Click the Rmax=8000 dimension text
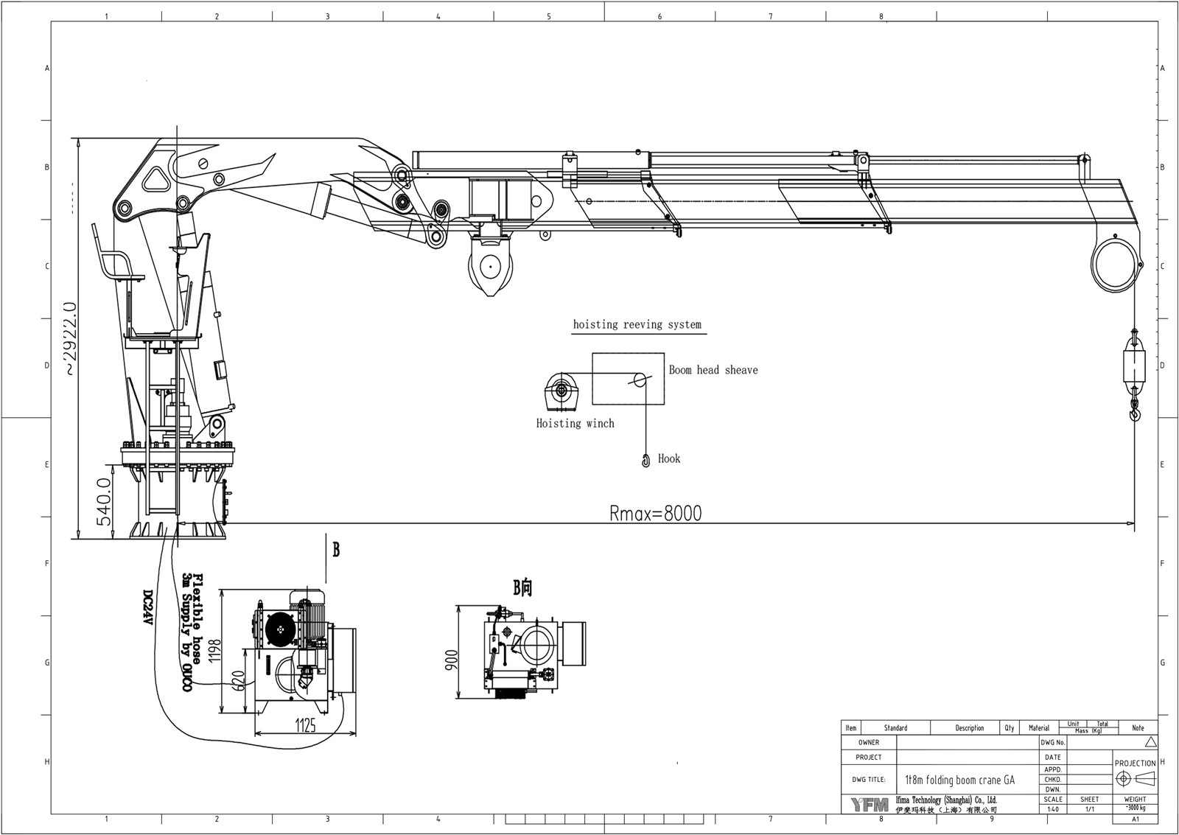[655, 513]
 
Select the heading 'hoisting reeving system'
[637, 324]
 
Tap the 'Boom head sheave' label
[713, 370]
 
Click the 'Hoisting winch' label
[575, 423]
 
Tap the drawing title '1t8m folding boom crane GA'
[959, 780]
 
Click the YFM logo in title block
[870, 804]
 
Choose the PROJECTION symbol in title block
[1135, 778]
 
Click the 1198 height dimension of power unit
[214, 651]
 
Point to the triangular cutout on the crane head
[156, 177]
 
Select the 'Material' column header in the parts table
[1038, 727]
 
